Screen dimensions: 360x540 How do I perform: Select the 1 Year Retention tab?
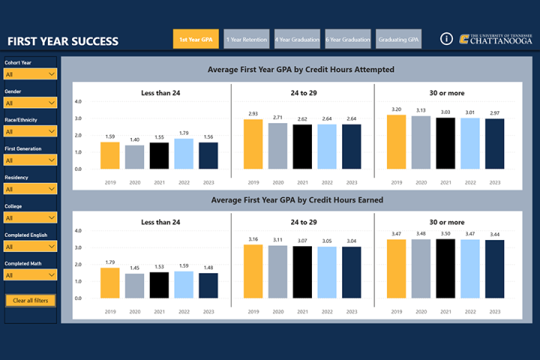tap(245, 39)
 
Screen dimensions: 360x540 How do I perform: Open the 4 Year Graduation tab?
tap(297, 39)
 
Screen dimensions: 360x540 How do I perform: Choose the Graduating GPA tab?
tap(399, 39)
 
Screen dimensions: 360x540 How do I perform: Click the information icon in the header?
tap(445, 39)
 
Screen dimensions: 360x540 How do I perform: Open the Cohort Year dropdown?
tap(30, 74)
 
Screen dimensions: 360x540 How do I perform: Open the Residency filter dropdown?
tap(30, 189)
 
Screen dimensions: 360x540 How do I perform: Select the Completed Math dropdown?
tap(30, 275)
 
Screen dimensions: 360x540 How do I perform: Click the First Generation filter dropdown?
tap(30, 160)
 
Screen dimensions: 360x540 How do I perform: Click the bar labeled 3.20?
tap(396, 142)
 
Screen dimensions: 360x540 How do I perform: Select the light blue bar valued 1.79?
tap(183, 154)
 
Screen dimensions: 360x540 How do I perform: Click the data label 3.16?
tap(253, 239)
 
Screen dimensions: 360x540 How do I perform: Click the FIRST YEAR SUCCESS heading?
tap(62, 41)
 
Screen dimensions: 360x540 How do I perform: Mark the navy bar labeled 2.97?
tap(494, 143)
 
